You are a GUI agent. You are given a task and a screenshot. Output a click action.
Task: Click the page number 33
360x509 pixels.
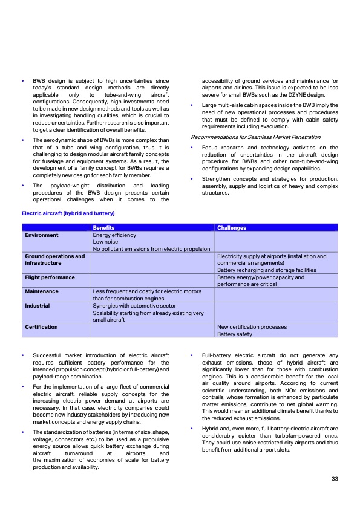click(x=335, y=479)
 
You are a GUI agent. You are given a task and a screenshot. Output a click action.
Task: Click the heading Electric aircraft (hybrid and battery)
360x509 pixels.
click(x=68, y=213)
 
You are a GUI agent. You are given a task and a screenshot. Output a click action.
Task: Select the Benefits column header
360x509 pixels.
click(x=103, y=228)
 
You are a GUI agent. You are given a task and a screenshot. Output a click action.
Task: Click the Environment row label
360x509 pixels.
click(x=42, y=235)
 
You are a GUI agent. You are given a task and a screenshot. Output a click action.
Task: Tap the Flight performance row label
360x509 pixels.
click(x=50, y=277)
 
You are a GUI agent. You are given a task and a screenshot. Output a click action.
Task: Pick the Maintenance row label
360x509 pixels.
click(x=42, y=291)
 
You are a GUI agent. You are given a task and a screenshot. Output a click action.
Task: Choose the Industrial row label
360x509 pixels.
click(x=38, y=306)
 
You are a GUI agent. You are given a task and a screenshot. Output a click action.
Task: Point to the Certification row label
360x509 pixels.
click(x=41, y=327)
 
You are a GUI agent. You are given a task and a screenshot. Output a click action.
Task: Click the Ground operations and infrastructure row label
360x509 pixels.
click(x=54, y=260)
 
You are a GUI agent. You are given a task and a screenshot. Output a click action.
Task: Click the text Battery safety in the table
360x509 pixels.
click(x=235, y=334)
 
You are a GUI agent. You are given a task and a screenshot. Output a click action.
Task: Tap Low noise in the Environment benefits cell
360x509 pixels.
click(x=107, y=242)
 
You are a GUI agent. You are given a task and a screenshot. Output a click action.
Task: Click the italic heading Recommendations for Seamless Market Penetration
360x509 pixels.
click(x=255, y=137)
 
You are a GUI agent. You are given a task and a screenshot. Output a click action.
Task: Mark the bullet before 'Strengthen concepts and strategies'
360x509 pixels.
click(x=192, y=178)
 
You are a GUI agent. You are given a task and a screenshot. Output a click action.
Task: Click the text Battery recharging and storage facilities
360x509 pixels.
click(x=266, y=270)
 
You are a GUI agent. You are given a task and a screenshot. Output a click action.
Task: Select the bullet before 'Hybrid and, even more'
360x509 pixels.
click(x=192, y=428)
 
